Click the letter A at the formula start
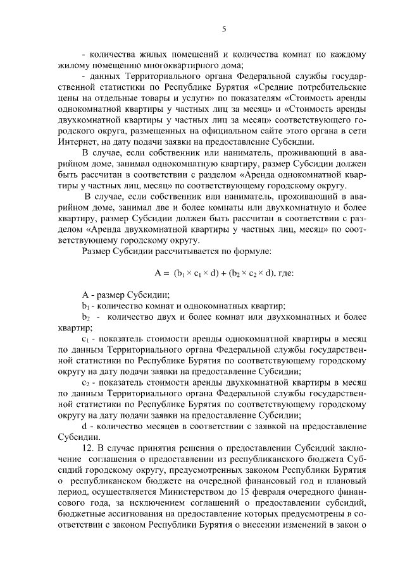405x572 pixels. [x=158, y=274]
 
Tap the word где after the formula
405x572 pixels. [x=284, y=274]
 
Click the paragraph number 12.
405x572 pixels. [x=89, y=448]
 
